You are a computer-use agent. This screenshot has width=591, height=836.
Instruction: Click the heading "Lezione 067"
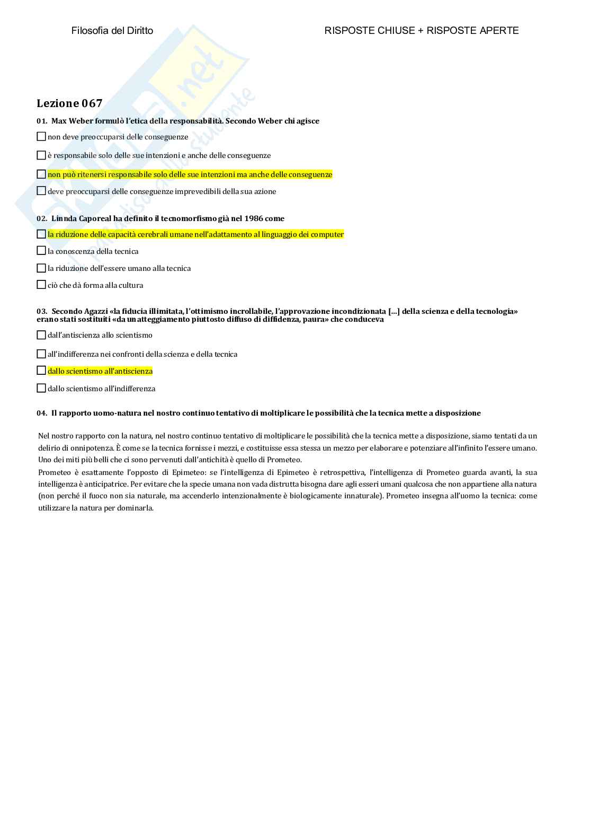pos(69,103)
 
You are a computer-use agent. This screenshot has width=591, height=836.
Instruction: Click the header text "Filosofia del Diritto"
pos(112,31)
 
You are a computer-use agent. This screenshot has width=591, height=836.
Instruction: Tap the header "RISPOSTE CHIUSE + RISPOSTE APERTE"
pos(422,31)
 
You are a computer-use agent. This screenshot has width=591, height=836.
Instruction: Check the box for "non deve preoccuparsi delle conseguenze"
pos(41,137)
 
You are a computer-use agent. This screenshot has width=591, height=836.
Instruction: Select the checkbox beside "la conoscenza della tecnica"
pos(41,251)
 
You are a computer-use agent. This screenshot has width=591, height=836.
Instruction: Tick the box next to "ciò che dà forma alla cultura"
pos(41,285)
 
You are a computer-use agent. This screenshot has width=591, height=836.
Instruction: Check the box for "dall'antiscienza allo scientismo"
pos(41,335)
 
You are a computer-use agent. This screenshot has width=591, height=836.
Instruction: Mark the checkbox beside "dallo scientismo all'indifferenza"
pos(41,389)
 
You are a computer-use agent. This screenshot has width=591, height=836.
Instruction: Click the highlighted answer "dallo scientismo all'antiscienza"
pos(100,371)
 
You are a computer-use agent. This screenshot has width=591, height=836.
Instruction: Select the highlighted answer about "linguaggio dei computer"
pos(195,234)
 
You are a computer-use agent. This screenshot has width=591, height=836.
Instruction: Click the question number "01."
pos(42,121)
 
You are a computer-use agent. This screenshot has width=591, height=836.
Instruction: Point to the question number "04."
pos(42,413)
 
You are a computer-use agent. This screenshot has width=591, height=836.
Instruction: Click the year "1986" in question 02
pos(254,218)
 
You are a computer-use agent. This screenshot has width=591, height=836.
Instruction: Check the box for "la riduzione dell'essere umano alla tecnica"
pos(41,268)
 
